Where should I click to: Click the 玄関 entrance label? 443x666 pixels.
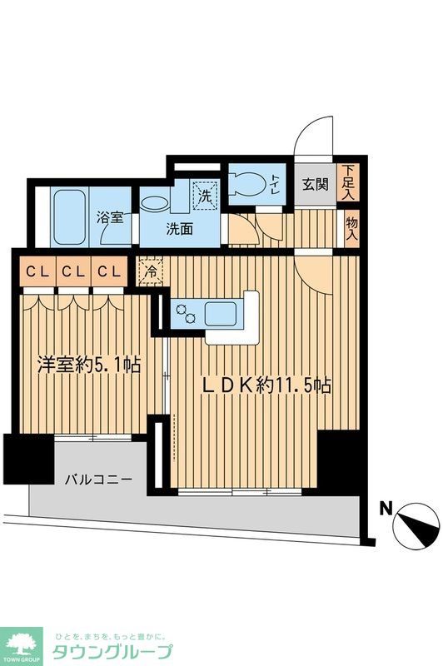point(315,184)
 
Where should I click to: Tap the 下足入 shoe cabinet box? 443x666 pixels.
point(348,182)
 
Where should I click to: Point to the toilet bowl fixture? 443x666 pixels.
point(246,184)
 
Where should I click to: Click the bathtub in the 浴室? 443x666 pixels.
point(69,216)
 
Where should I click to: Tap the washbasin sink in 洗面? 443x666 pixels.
point(154,202)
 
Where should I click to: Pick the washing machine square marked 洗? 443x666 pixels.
point(206,196)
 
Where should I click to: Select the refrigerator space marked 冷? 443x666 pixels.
point(150,272)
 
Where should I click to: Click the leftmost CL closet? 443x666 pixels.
point(37,271)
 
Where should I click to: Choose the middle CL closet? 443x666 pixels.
point(73,271)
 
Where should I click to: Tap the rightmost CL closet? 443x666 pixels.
point(109,271)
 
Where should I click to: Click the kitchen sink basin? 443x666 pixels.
point(221,314)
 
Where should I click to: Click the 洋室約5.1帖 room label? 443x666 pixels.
point(89,364)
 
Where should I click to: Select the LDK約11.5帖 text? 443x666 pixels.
point(266,385)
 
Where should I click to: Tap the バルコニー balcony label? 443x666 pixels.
point(98,480)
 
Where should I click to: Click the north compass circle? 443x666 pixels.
point(416,526)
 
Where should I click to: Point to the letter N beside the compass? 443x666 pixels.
point(386,509)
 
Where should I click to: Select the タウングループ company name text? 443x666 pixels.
point(112,652)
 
